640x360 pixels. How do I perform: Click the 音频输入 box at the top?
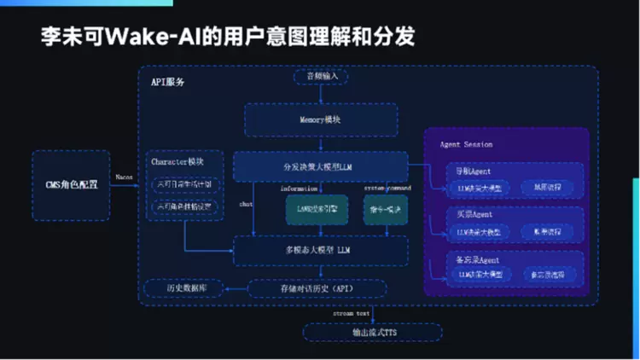point(321,77)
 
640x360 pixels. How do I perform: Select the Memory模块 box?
point(321,120)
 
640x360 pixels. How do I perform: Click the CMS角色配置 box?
point(71,183)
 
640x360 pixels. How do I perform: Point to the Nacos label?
point(125,177)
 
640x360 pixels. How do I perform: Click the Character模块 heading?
point(177,162)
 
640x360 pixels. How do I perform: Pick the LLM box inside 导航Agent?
point(478,188)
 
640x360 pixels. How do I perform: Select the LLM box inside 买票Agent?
point(478,231)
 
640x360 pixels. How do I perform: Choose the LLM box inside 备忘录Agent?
point(478,274)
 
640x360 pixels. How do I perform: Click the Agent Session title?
point(465,144)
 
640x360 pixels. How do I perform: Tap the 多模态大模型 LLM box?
point(320,250)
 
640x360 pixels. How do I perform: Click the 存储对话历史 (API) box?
point(316,289)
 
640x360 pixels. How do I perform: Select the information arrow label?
point(299,188)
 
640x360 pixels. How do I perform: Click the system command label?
point(387,188)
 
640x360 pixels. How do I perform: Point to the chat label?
point(246,205)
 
